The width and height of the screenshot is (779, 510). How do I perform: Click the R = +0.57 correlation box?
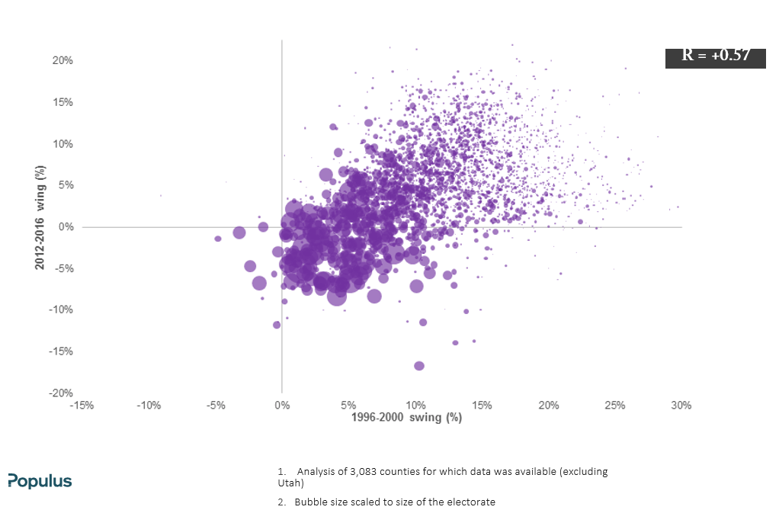(x=716, y=58)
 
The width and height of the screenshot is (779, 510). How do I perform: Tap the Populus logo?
(x=40, y=481)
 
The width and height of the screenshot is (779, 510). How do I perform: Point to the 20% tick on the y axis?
(x=63, y=61)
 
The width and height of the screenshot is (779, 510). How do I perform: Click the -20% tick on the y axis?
(x=61, y=393)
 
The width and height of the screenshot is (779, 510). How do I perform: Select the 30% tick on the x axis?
(x=681, y=406)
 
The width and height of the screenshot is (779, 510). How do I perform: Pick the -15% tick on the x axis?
(x=82, y=406)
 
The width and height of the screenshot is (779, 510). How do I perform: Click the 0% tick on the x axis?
(x=282, y=406)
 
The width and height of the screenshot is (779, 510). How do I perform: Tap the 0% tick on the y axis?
(x=66, y=227)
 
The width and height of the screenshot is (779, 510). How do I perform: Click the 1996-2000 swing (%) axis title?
(x=406, y=418)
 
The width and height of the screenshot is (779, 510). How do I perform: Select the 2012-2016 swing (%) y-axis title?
(x=40, y=217)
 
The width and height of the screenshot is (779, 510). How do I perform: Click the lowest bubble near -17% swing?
(x=419, y=366)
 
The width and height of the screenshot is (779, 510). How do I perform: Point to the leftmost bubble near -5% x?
(x=217, y=239)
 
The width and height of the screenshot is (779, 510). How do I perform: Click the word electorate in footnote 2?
(x=472, y=502)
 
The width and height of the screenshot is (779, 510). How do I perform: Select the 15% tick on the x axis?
(x=482, y=406)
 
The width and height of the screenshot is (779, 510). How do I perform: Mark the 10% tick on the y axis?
(x=63, y=144)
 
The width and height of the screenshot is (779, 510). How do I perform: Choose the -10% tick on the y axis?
(x=61, y=310)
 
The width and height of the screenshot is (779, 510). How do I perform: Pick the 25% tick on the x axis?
(x=614, y=406)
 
